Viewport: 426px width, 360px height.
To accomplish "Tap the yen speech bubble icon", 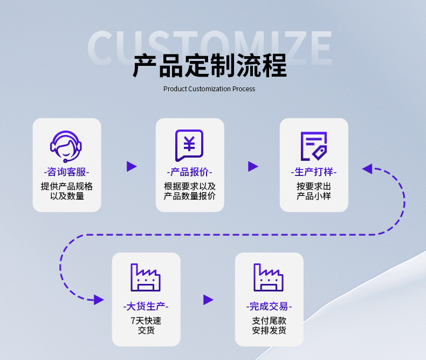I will [189, 145].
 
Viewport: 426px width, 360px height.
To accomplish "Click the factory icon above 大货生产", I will [146, 277].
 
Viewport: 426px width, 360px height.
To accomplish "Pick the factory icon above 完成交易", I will [269, 277].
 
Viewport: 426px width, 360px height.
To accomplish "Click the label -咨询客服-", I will [66, 172].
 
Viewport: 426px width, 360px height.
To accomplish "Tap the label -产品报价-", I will [189, 172].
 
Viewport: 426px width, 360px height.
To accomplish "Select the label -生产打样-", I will [313, 172].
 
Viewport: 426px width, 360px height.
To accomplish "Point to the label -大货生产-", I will [146, 307].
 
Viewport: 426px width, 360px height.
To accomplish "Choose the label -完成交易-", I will [269, 307].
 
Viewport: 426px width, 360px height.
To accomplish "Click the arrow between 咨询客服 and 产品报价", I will [132, 166].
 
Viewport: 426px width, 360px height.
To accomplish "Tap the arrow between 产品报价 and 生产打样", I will [253, 166].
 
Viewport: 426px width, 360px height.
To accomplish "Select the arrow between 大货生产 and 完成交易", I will [208, 300].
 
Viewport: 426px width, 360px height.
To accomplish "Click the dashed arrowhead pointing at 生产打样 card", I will [367, 169].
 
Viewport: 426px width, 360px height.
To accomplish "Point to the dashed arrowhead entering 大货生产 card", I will [99, 300].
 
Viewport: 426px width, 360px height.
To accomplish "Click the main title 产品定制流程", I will [209, 66].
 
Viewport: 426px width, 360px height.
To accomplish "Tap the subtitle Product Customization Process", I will [209, 89].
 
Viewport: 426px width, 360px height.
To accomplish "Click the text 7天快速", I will [146, 321].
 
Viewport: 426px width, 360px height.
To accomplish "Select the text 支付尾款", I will [269, 321].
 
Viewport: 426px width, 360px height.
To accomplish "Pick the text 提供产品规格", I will [66, 186].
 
